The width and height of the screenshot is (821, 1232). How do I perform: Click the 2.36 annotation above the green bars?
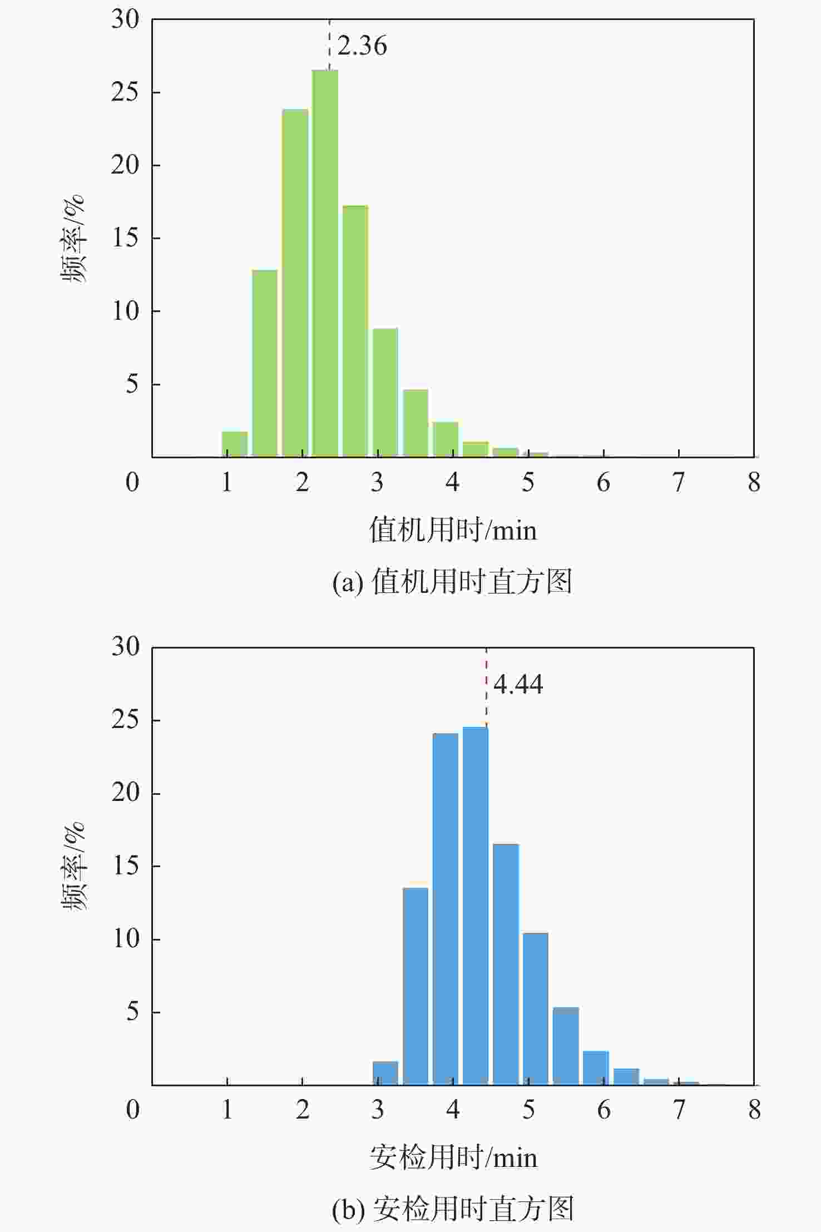[x=362, y=46]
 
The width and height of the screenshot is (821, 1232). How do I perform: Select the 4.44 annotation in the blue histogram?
[x=518, y=684]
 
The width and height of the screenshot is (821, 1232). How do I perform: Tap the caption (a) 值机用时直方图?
[x=452, y=582]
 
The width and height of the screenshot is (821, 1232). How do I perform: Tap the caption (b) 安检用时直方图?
[x=452, y=1209]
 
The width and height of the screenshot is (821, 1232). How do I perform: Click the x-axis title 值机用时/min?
[x=453, y=529]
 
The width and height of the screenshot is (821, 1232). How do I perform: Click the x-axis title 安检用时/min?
[x=453, y=1157]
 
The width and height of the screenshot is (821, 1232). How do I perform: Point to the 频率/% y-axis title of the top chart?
[x=73, y=239]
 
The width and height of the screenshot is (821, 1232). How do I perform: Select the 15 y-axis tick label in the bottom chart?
[x=126, y=865]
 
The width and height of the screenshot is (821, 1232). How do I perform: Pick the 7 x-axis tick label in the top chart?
[x=679, y=482]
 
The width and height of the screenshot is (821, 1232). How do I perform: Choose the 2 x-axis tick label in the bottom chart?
[x=302, y=1110]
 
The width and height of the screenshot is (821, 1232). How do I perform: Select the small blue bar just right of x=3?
[x=385, y=1073]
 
